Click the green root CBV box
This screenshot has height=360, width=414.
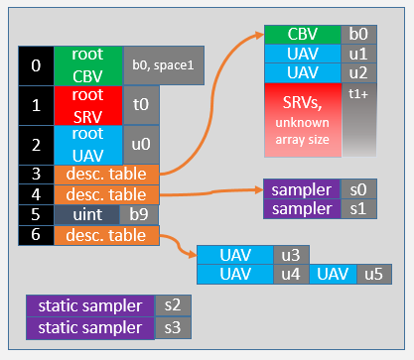(x=88, y=65)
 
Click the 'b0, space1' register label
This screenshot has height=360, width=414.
(x=164, y=65)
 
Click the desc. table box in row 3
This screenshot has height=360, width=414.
(x=106, y=174)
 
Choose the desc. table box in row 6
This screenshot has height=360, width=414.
(x=106, y=235)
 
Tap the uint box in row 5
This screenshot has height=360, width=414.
(x=87, y=214)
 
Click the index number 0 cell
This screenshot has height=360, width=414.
(x=37, y=65)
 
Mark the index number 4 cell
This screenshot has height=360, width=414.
(x=37, y=194)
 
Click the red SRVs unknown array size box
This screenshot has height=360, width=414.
(x=303, y=119)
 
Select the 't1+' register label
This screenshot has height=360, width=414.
(x=358, y=119)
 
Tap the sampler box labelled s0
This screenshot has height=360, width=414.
(x=302, y=188)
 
